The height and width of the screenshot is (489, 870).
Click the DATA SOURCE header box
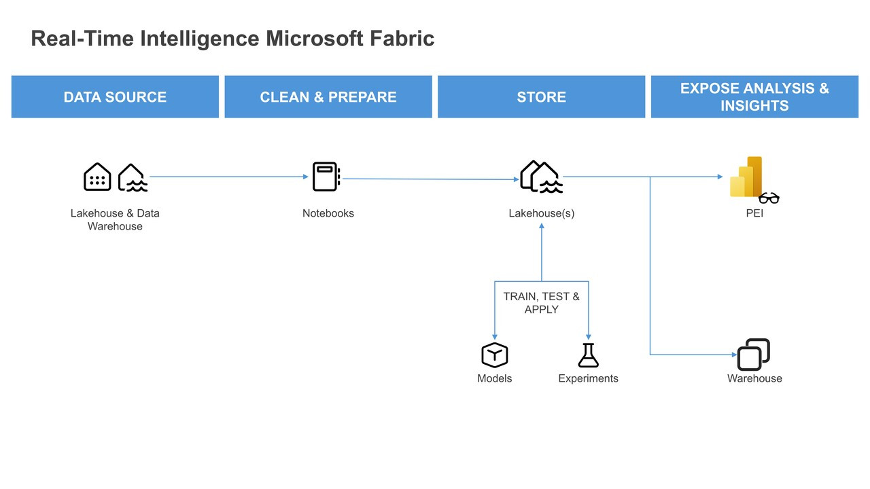[x=115, y=97]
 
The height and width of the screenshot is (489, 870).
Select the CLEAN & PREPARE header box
[x=328, y=97]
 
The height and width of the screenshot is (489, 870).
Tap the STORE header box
[x=541, y=97]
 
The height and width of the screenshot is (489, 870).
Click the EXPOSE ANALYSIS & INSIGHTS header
[x=754, y=97]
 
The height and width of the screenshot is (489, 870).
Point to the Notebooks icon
[x=326, y=177]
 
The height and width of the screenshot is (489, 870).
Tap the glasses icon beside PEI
[x=769, y=198]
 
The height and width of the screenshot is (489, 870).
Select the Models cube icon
[x=494, y=355]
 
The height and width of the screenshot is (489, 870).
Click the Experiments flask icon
[x=588, y=355]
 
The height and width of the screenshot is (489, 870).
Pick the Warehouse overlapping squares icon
[x=754, y=355]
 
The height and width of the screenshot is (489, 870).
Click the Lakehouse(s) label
[x=541, y=213]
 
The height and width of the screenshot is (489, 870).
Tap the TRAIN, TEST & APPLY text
[x=541, y=303]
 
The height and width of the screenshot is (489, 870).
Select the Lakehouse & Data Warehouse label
[x=115, y=219]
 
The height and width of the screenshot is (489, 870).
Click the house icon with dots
[x=97, y=177]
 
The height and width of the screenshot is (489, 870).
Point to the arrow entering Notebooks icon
[x=304, y=177]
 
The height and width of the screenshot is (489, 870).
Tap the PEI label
[x=754, y=213]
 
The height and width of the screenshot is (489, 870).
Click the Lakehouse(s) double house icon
[x=541, y=177]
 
